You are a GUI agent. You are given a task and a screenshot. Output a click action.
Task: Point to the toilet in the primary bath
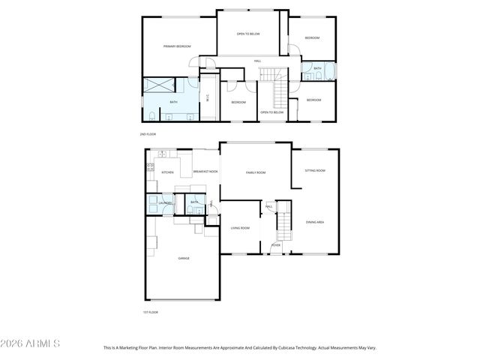[x=152, y=115]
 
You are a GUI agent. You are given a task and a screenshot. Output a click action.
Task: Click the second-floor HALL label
[x=257, y=61]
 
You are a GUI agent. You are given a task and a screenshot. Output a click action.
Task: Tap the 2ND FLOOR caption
[x=148, y=133]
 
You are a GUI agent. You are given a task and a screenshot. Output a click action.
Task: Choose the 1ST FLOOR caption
[x=150, y=312]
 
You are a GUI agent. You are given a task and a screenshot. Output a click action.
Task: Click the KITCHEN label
[x=167, y=172]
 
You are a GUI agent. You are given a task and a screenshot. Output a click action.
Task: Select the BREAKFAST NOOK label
[x=205, y=172]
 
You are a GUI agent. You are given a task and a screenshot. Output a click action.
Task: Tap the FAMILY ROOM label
[x=256, y=172]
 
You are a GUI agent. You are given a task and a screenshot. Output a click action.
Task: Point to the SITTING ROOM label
[x=315, y=171]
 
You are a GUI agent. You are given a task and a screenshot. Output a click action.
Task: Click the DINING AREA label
[x=315, y=222]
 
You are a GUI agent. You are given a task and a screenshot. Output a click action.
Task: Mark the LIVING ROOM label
[x=239, y=227]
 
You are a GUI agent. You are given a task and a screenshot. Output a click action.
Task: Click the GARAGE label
[x=183, y=258]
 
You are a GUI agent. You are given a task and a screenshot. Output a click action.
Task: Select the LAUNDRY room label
[x=164, y=203]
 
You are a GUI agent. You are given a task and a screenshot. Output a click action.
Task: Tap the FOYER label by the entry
[x=276, y=244]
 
